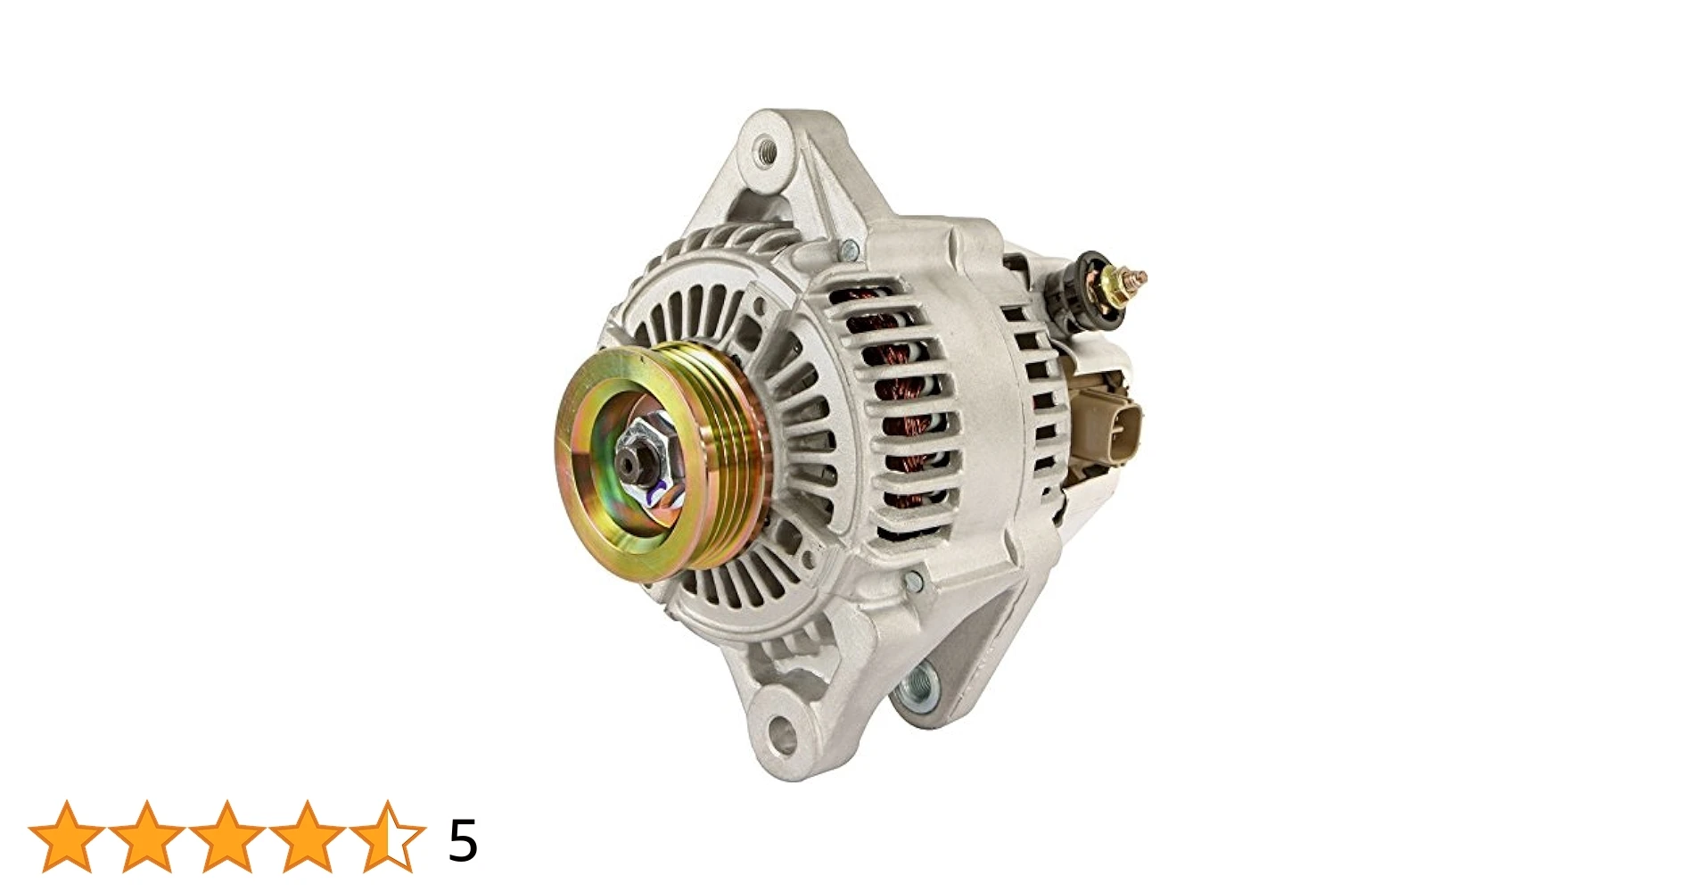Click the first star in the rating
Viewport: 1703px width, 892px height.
pyautogui.click(x=66, y=837)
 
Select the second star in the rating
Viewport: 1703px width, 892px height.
pyautogui.click(x=146, y=837)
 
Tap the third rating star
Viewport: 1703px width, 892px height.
pyautogui.click(x=226, y=837)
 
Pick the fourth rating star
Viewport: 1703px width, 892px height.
pyautogui.click(x=307, y=837)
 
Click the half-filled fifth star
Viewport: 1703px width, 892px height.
pyautogui.click(x=387, y=837)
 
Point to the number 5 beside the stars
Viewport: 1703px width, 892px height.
pyautogui.click(x=463, y=840)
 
